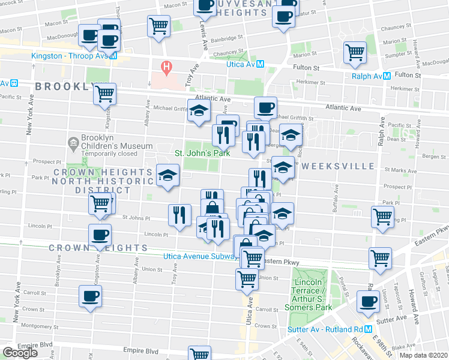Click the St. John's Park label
click(202, 153)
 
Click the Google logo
click(20, 352)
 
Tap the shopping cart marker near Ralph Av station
click(354, 52)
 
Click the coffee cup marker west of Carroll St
click(91, 296)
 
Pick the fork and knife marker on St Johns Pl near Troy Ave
click(180, 215)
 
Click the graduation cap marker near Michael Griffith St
click(199, 110)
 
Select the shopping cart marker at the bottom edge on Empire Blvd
click(200, 353)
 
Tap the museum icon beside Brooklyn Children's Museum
click(73, 142)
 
